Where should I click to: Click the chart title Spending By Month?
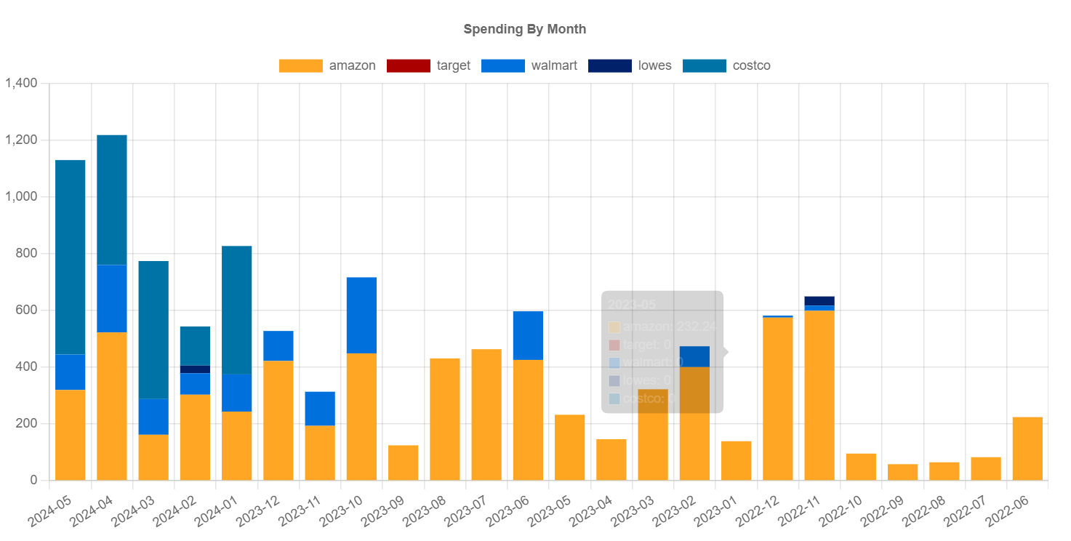(x=524, y=29)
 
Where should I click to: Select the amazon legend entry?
(x=327, y=65)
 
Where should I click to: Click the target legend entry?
(x=428, y=65)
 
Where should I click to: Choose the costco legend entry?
(x=726, y=65)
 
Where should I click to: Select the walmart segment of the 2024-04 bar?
(x=112, y=298)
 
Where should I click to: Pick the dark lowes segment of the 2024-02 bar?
(x=195, y=369)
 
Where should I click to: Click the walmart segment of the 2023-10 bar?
(x=361, y=315)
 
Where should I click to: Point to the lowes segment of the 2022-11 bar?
(x=819, y=301)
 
